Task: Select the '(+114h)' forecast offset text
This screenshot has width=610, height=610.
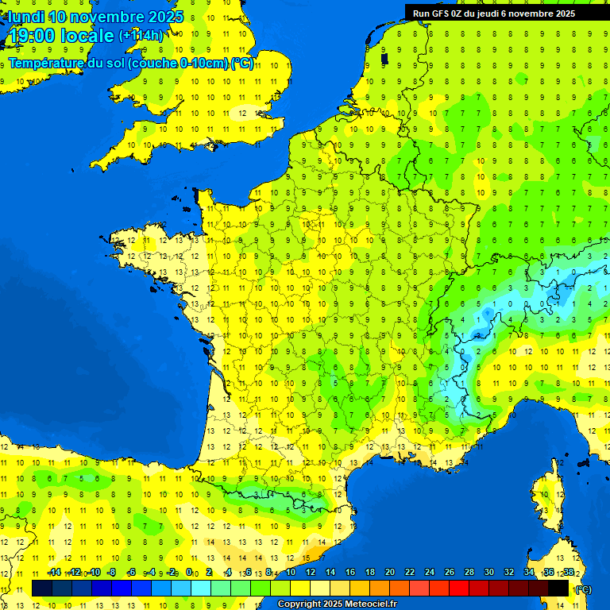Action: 141,36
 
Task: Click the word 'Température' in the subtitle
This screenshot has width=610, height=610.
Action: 45,63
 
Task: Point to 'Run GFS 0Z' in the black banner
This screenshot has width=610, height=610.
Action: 438,14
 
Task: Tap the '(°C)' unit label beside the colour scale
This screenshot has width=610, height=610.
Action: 582,589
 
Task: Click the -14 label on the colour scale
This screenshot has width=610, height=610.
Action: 55,572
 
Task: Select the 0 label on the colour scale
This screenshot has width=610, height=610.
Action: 189,572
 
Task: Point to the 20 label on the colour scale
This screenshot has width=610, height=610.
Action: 389,572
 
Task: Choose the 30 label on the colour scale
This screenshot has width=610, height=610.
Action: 488,572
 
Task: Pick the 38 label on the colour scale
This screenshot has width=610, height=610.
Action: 568,572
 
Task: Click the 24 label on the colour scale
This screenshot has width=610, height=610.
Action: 429,572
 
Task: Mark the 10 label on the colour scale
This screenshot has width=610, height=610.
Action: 290,572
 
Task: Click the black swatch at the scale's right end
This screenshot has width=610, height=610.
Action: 558,588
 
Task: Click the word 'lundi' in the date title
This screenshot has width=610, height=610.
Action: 26,17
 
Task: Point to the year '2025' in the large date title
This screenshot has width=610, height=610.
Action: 166,17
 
